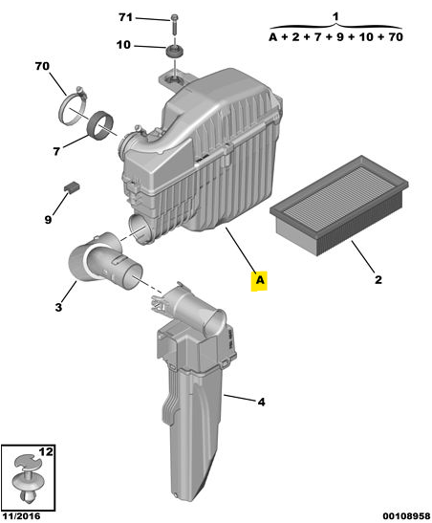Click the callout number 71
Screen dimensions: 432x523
click(x=125, y=17)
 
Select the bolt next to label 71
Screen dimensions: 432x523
click(x=174, y=24)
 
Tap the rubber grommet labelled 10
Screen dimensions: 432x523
click(x=175, y=51)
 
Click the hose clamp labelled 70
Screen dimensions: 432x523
click(x=74, y=106)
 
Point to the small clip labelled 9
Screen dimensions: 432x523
click(x=72, y=186)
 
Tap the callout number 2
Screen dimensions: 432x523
click(x=378, y=279)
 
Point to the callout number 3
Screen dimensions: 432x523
click(x=58, y=307)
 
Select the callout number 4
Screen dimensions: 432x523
click(x=262, y=402)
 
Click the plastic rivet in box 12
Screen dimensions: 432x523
click(x=28, y=480)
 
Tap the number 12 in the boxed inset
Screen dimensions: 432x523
click(x=46, y=451)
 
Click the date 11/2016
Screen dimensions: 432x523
click(x=21, y=516)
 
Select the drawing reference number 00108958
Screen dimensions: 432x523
click(x=406, y=516)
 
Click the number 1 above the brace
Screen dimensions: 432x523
click(x=335, y=16)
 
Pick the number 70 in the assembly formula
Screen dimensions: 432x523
click(x=396, y=36)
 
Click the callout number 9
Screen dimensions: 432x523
click(x=48, y=220)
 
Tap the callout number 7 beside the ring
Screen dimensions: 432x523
click(x=56, y=151)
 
